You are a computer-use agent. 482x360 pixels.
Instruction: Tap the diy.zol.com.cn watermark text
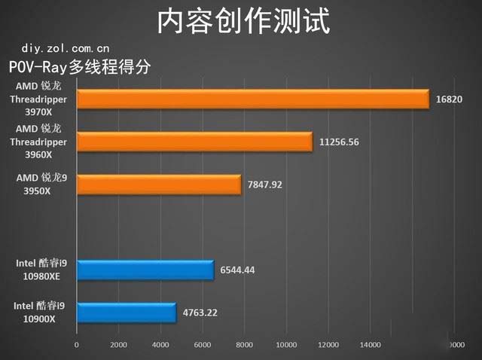[x=59, y=47]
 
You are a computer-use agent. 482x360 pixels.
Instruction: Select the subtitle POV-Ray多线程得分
[x=80, y=67]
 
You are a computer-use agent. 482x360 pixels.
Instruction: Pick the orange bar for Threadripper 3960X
[x=194, y=142]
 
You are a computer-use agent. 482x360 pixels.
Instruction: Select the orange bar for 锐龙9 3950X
[x=158, y=185]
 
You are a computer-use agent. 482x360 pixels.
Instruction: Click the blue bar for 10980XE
[x=145, y=270]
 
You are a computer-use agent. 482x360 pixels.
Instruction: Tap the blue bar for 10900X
[x=126, y=313]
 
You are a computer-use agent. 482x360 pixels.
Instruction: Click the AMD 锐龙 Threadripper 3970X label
[x=38, y=99]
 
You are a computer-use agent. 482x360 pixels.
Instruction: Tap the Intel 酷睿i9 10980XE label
[x=41, y=270]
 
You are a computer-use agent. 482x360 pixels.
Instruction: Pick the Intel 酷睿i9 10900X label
[x=41, y=313]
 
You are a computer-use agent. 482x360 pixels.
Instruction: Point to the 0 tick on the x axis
[x=76, y=345]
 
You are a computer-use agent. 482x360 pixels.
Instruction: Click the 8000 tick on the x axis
[x=243, y=345]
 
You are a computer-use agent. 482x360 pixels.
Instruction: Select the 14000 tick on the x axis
[x=369, y=345]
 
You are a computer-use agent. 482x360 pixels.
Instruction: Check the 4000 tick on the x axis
[x=160, y=345]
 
